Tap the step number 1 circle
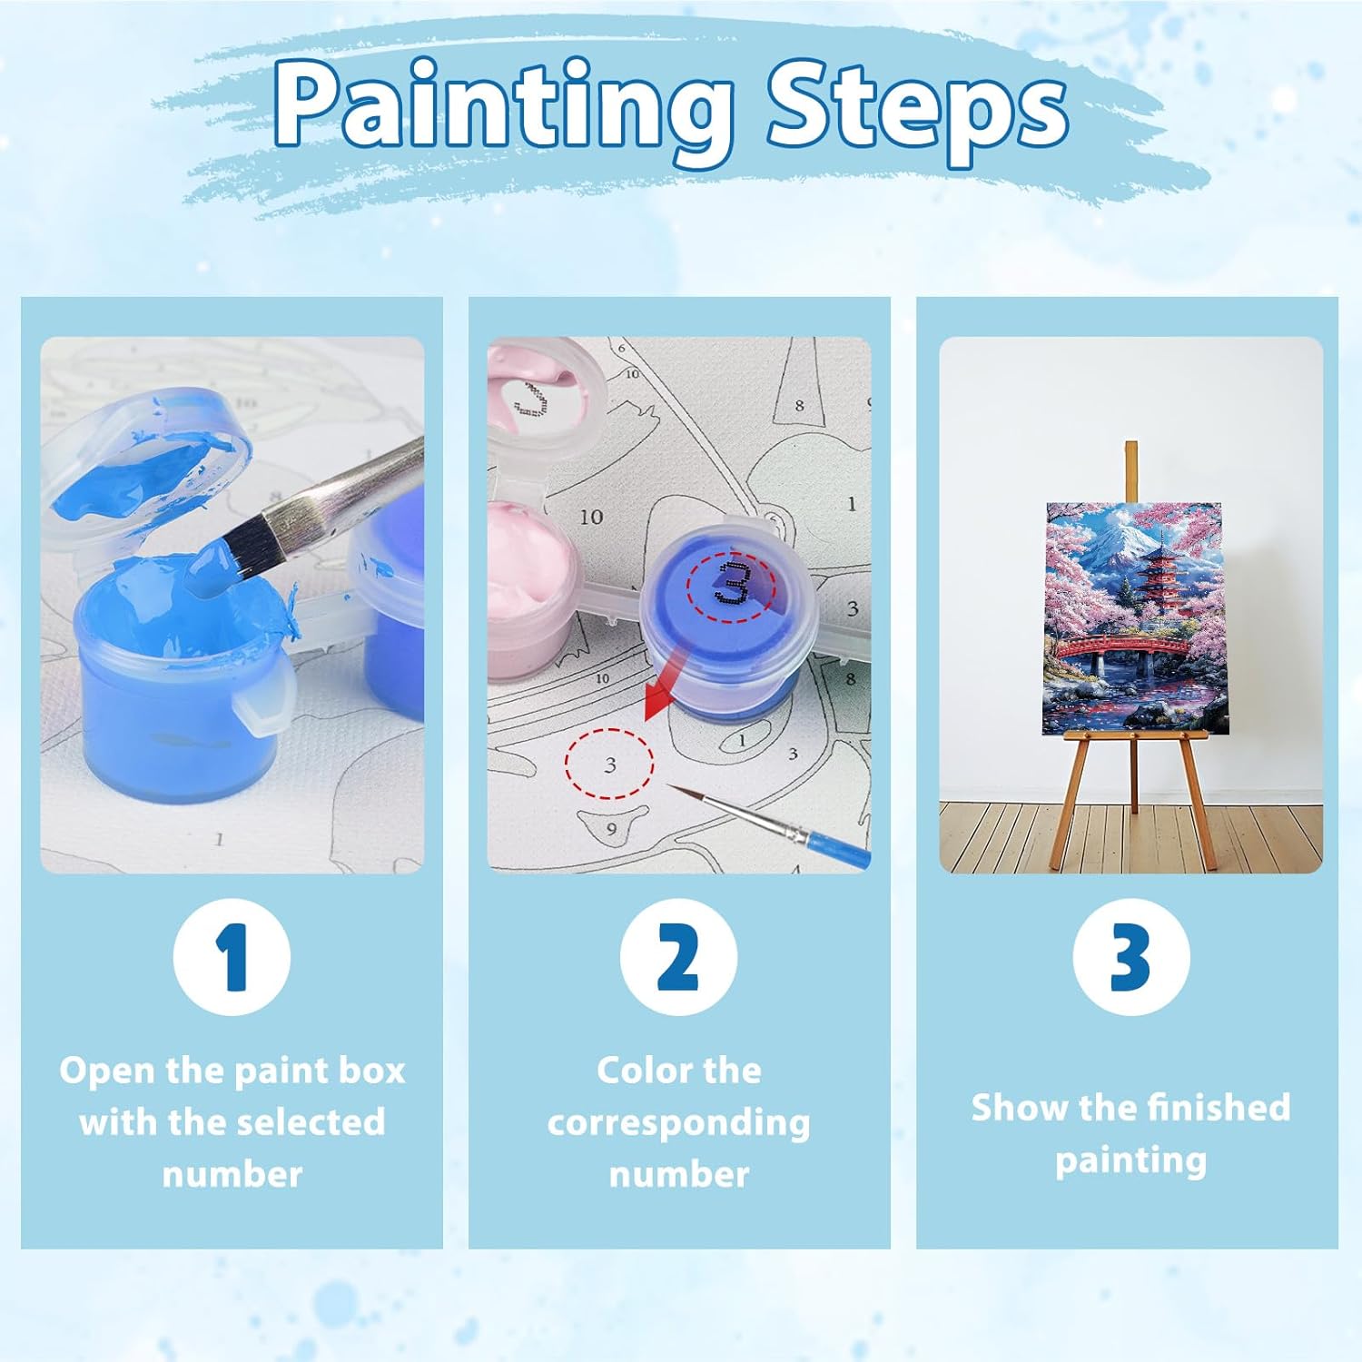[x=232, y=956]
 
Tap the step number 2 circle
[x=678, y=956]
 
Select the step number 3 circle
[x=1130, y=956]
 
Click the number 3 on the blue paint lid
[x=731, y=582]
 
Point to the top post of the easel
[x=1130, y=472]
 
